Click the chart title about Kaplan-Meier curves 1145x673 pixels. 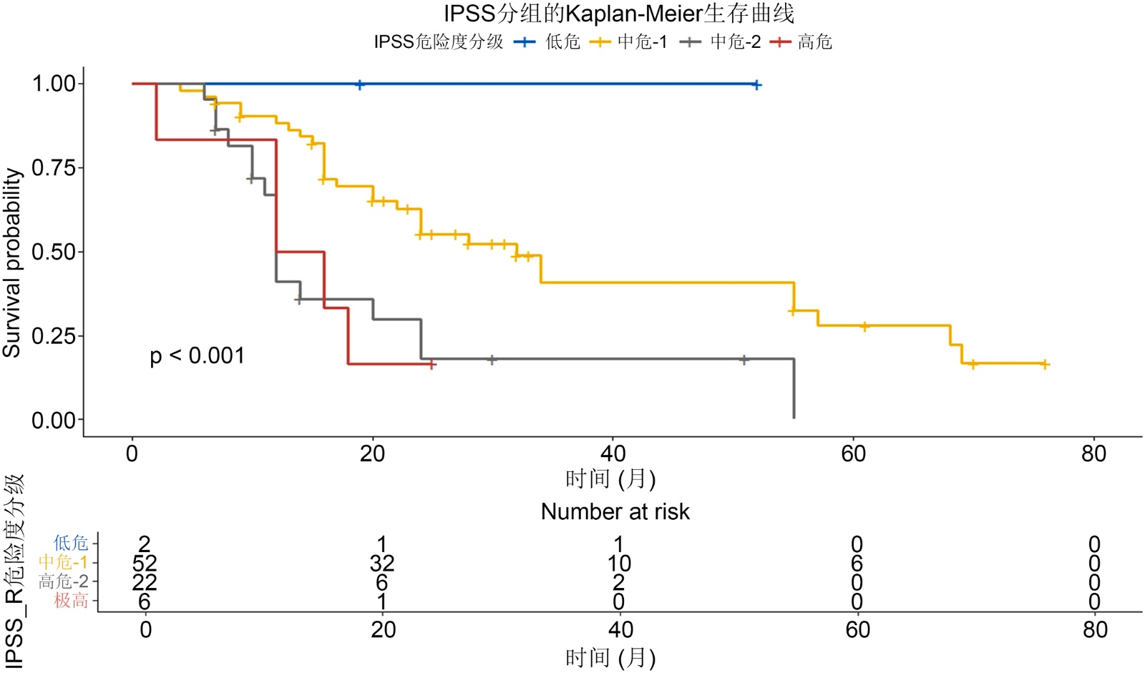pos(618,14)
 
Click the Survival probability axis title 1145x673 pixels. pos(12,262)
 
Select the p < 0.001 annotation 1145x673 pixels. pos(197,355)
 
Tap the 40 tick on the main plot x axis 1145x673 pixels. pos(613,453)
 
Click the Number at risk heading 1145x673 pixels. pos(615,511)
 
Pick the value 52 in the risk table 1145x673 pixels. pos(145,563)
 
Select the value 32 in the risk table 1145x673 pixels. pos(382,563)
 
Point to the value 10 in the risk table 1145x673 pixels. pos(619,563)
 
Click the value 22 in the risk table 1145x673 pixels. pos(145,582)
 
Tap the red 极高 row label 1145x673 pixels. pos(71,601)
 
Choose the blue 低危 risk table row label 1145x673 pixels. pos(71,544)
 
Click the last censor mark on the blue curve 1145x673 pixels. pos(756,85)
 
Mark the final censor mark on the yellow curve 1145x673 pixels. pos(1045,365)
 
